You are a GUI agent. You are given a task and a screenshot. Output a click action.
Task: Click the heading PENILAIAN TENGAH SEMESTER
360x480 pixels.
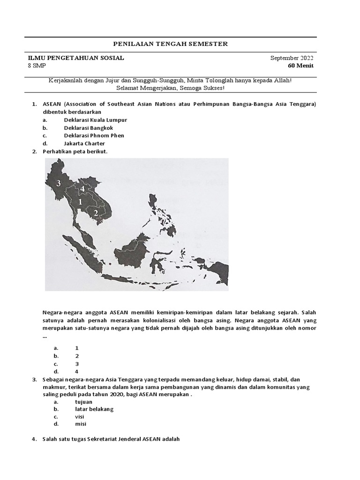(x=171, y=44)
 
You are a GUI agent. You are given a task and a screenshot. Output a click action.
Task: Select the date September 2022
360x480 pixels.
(x=292, y=58)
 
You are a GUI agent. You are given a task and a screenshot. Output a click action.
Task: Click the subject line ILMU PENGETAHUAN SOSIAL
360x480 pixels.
(x=76, y=58)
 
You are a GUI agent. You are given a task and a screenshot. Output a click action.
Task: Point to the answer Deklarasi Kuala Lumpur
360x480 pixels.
(x=96, y=120)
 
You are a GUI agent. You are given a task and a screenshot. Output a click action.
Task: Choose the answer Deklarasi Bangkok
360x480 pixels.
(x=89, y=127)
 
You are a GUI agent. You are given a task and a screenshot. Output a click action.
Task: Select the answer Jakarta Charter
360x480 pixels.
(x=84, y=143)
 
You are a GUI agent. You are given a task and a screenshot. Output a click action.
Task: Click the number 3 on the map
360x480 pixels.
(x=59, y=183)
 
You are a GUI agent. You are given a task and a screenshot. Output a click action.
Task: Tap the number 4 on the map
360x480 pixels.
(x=82, y=188)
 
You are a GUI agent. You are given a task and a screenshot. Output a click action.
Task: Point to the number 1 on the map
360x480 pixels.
(x=80, y=202)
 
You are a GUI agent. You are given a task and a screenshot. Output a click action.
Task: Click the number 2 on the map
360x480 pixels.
(x=96, y=213)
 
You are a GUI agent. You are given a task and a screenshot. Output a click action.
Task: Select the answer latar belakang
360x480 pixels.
(x=94, y=409)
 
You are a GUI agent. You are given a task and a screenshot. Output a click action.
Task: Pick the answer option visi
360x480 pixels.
(x=80, y=416)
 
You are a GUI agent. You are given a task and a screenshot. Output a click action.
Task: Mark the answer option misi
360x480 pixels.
(x=81, y=424)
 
